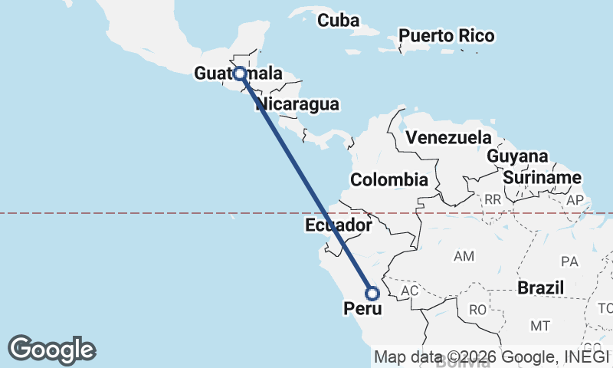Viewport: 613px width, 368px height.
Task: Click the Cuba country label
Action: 338,21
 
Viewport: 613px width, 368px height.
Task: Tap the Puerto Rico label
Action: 446,36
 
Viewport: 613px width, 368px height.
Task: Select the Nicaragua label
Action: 298,103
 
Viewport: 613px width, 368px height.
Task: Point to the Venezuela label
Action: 448,138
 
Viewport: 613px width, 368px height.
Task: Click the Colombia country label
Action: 388,180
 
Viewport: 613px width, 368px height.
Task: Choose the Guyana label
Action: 518,156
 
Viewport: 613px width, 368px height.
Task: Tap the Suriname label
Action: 542,178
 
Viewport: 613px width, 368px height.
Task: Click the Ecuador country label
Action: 338,225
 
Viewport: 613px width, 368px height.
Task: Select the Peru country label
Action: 362,309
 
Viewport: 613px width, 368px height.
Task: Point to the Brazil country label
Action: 541,288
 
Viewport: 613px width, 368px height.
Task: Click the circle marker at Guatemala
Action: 240,74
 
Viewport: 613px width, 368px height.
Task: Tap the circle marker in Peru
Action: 372,294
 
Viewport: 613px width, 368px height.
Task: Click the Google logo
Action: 51,350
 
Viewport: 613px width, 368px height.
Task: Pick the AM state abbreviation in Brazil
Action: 464,256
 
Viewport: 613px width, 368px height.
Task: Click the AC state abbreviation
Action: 410,291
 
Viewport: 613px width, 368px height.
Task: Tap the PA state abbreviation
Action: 569,261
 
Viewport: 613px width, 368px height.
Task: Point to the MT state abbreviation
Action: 540,326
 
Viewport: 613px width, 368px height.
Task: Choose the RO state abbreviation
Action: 477,310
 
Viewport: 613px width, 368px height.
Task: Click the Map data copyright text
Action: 492,356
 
